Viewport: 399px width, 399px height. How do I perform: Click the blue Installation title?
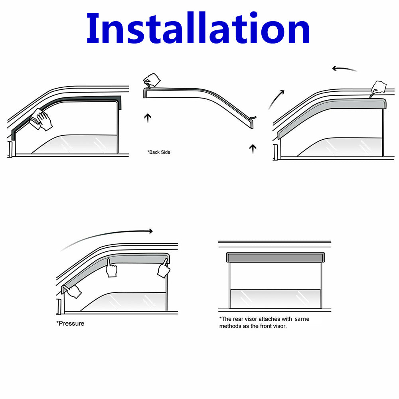(198, 28)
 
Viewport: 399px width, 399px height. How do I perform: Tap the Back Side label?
(159, 152)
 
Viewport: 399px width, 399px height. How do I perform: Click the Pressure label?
(70, 324)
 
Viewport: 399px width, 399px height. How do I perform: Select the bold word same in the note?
(302, 319)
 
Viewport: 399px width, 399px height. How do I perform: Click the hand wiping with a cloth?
(41, 119)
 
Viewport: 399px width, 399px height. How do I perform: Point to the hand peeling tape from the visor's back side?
(152, 80)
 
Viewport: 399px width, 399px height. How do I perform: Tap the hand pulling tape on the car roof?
(378, 88)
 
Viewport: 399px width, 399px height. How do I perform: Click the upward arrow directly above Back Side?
(148, 118)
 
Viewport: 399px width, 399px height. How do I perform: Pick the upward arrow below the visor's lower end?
(253, 148)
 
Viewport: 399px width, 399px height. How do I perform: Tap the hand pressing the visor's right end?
(164, 269)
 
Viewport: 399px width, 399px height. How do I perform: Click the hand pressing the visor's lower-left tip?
(73, 291)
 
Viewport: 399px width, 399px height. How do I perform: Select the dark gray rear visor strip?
(276, 257)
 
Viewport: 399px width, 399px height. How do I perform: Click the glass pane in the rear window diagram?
(275, 299)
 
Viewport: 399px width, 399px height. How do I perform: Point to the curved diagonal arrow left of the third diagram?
(276, 99)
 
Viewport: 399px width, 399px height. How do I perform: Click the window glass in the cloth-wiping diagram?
(76, 144)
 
